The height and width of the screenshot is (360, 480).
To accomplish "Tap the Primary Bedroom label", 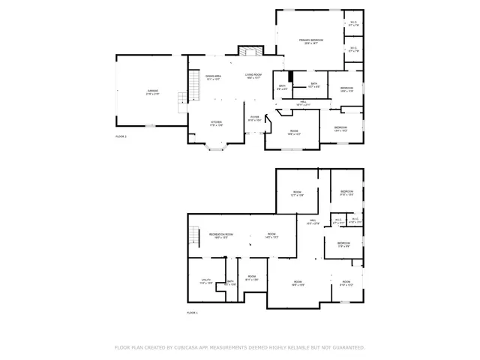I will [x=310, y=40].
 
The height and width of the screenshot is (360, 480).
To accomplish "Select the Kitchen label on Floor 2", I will [x=216, y=122].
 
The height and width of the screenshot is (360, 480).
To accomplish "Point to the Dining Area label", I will [x=213, y=76].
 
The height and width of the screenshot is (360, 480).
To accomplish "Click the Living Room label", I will [x=253, y=76].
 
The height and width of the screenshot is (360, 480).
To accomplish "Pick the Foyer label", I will [x=255, y=118].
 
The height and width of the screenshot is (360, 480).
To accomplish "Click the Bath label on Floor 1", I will [x=230, y=283].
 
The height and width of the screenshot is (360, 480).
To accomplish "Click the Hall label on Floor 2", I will [x=304, y=103].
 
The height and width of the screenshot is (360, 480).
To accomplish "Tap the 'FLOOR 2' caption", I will [x=121, y=136].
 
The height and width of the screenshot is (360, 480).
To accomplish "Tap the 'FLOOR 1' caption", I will [x=193, y=311].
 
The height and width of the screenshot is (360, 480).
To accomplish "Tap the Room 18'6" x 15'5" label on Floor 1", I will [x=298, y=283].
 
